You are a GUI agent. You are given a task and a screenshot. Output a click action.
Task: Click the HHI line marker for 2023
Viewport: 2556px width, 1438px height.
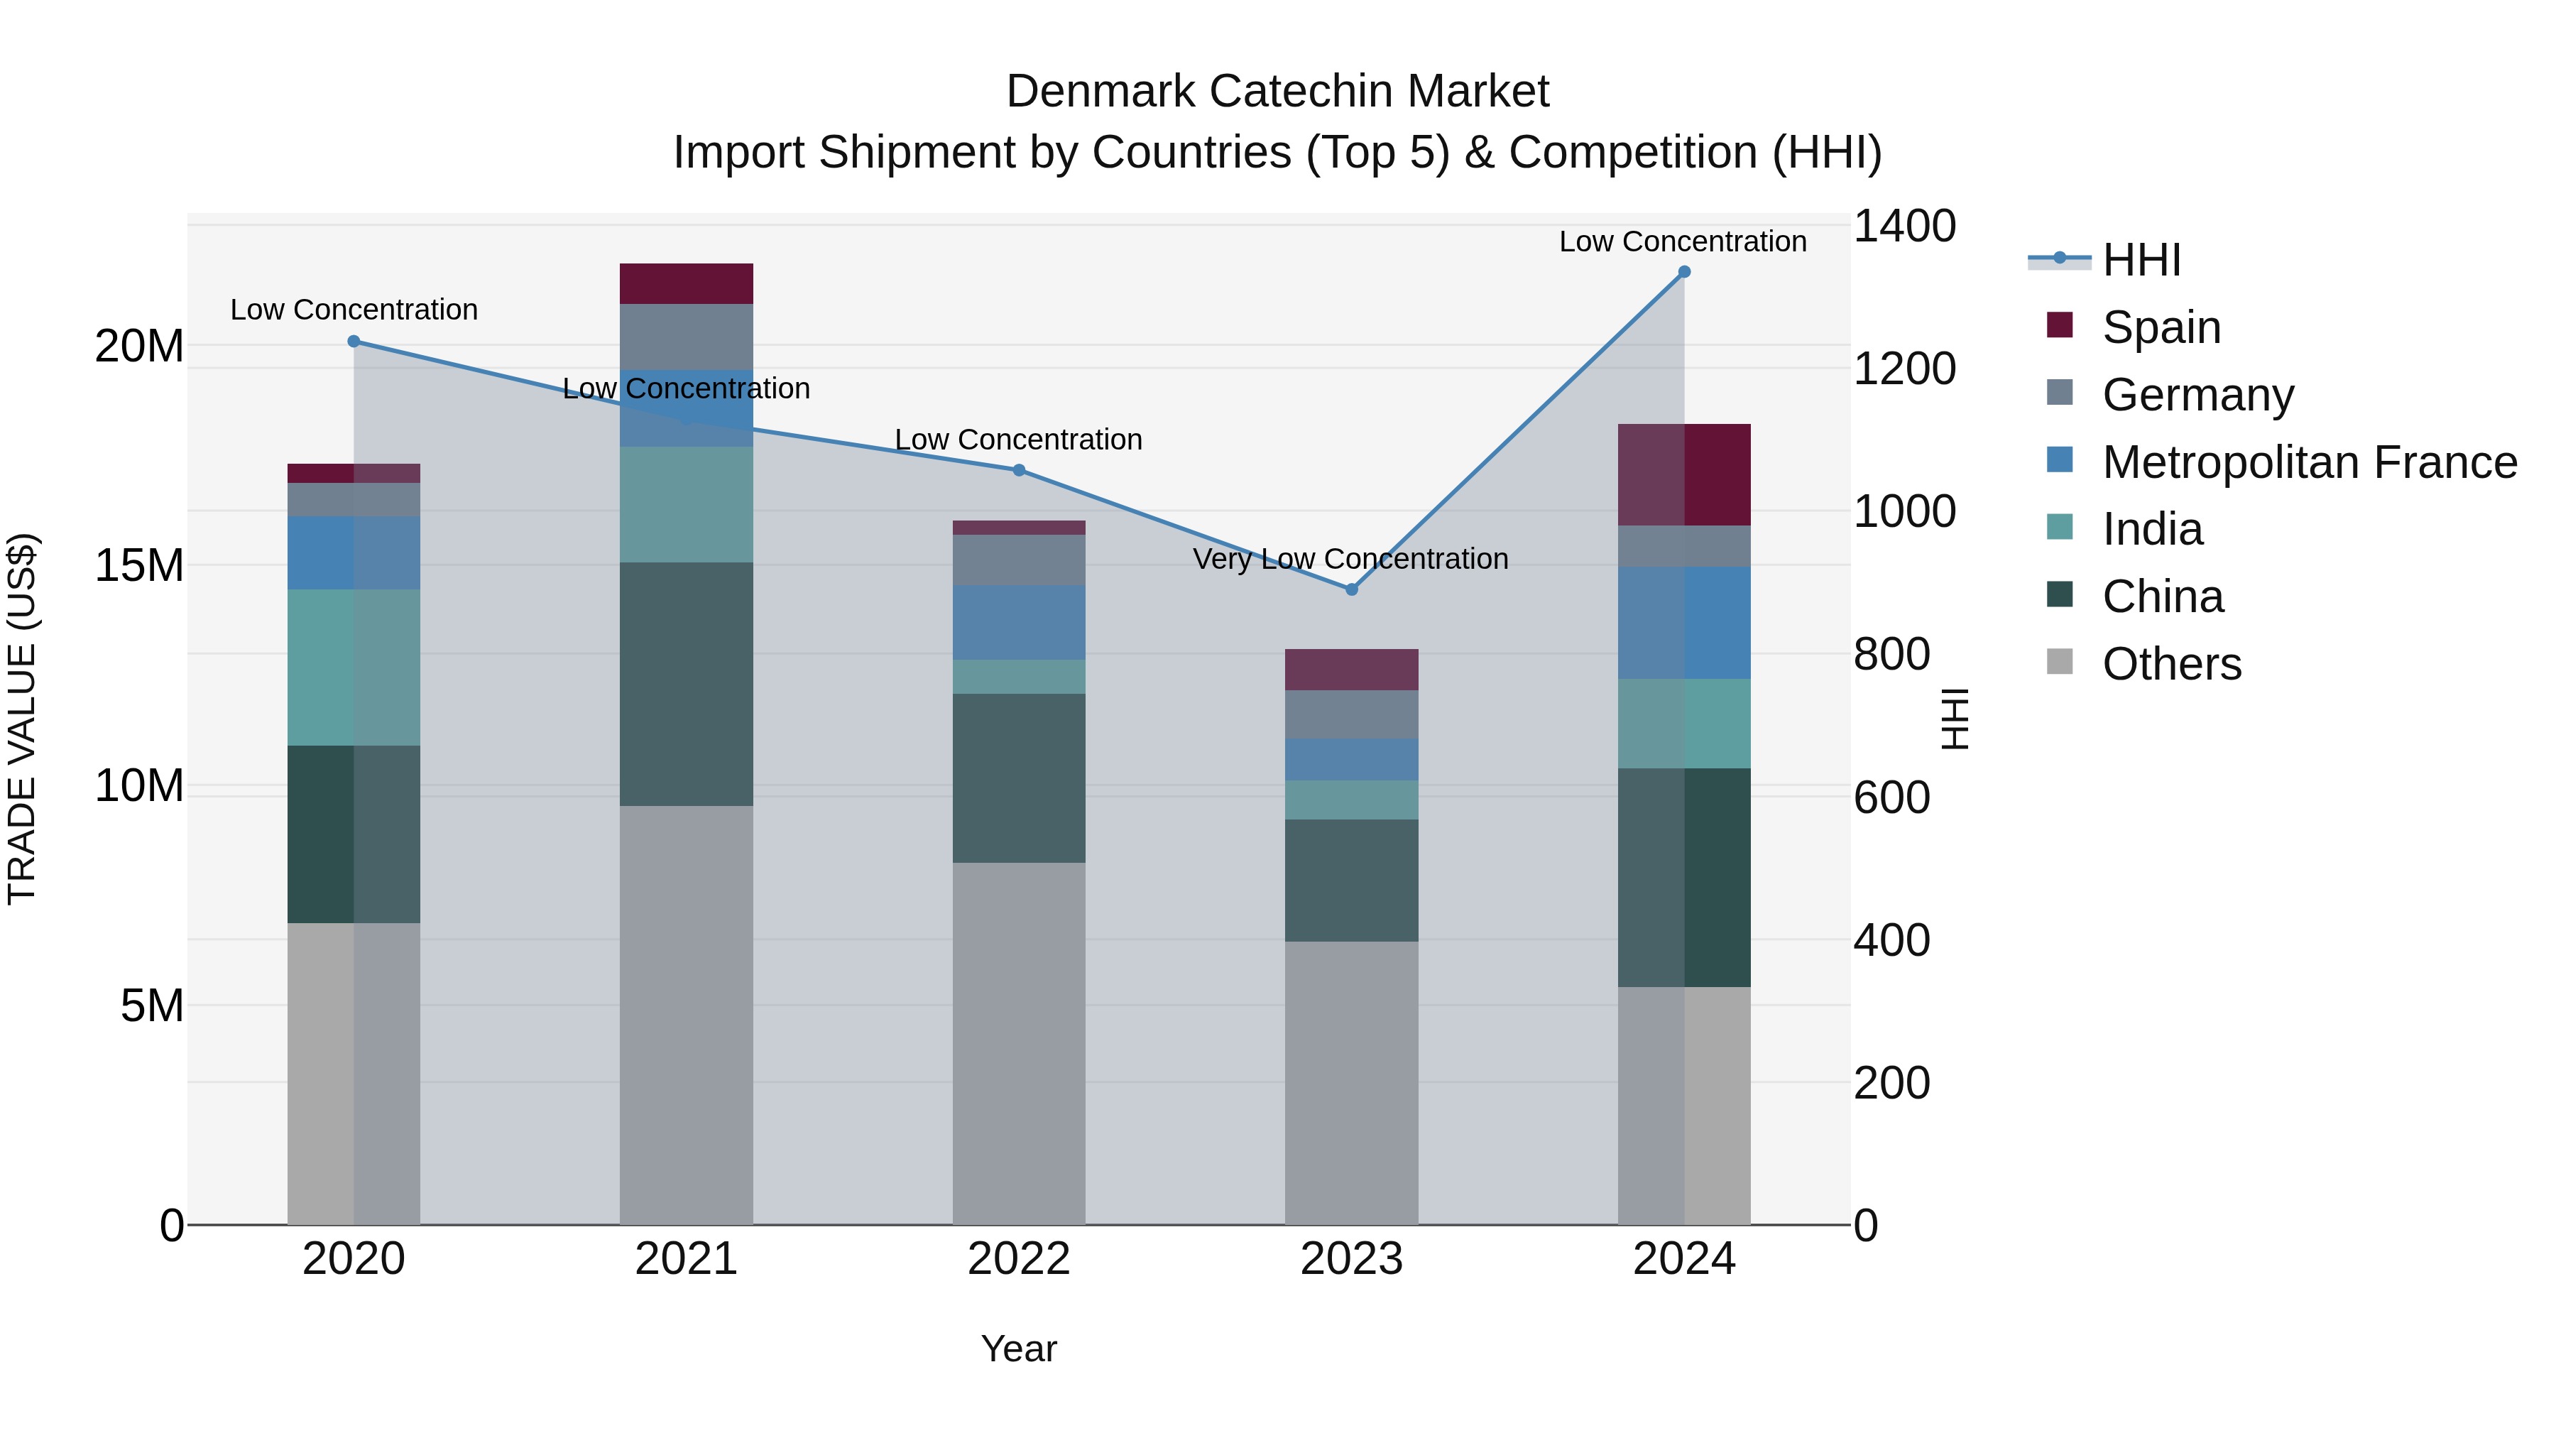tap(1351, 589)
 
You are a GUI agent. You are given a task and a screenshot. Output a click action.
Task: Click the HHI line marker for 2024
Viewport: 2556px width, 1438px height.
tap(1684, 272)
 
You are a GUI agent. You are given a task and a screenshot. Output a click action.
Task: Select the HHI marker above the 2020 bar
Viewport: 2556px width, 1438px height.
tap(354, 342)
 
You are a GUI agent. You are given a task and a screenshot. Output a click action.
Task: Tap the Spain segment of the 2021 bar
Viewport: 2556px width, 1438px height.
tap(687, 284)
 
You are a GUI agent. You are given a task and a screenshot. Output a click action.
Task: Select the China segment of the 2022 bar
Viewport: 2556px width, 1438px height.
tap(1019, 778)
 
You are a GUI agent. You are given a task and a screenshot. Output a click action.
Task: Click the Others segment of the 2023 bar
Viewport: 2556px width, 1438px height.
tap(1351, 1082)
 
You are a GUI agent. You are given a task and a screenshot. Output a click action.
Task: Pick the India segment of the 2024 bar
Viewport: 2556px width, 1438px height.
tap(1684, 724)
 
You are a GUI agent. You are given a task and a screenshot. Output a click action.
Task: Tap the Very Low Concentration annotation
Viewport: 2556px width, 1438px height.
tap(1350, 559)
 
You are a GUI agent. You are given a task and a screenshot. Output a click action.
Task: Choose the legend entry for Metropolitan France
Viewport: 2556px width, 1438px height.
tap(2309, 462)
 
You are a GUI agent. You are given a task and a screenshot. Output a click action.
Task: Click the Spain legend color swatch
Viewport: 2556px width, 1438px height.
tap(2060, 325)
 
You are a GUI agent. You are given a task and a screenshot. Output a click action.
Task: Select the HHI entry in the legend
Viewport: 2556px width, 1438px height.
tap(2141, 260)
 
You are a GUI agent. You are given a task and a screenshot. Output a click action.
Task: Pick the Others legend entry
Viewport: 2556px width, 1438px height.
tap(2171, 664)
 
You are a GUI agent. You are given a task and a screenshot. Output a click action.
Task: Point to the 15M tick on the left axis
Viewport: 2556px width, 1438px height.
tap(139, 566)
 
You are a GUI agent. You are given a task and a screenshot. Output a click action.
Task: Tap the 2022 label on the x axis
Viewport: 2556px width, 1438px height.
tap(1019, 1259)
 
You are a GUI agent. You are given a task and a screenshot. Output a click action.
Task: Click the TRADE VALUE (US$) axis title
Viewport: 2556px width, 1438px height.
tap(23, 719)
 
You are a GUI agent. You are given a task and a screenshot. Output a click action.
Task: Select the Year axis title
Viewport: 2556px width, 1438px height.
tap(1019, 1349)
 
